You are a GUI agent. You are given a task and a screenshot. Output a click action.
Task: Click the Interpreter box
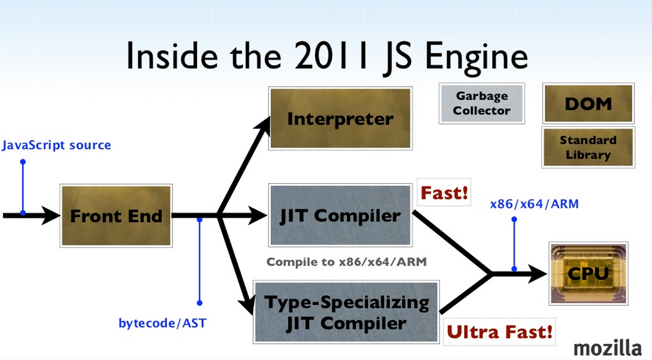[341, 118]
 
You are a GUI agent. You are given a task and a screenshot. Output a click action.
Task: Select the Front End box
[116, 216]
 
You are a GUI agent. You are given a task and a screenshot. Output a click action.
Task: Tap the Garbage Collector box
[482, 103]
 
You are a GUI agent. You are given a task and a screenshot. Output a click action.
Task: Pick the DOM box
[588, 103]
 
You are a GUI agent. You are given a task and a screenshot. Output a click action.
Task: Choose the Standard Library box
[588, 148]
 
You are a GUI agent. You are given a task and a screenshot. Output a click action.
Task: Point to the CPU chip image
[589, 273]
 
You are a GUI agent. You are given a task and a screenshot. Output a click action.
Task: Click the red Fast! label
[444, 192]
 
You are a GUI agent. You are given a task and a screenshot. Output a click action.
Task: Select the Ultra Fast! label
[499, 331]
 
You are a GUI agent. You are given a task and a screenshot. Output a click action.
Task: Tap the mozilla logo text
[608, 348]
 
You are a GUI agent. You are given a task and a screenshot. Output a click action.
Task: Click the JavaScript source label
[56, 145]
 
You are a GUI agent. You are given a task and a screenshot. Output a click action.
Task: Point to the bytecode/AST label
[163, 323]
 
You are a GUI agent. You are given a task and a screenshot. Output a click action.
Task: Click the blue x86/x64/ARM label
[534, 204]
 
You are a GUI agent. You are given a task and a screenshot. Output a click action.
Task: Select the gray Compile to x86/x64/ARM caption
[346, 262]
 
